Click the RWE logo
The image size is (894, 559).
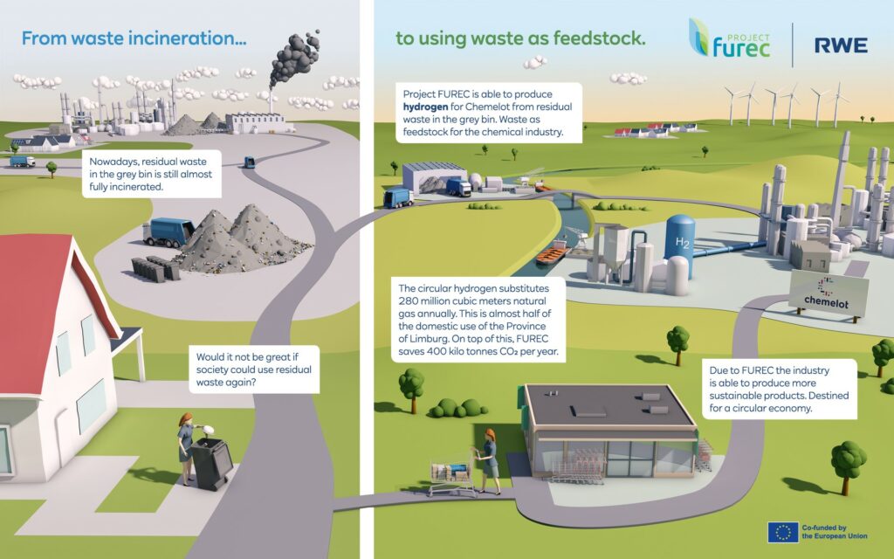coord(841,45)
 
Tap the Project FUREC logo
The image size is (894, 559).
coord(730,38)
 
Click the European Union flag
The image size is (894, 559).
coord(783,532)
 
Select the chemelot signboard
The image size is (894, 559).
coord(828,293)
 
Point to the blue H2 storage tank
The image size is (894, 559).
coord(680,245)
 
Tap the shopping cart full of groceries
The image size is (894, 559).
coord(451,473)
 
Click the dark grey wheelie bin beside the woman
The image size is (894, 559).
coord(211,463)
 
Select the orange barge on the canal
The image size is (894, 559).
coord(552,254)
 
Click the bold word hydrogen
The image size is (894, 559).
coord(425,107)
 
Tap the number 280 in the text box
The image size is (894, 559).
coord(409,301)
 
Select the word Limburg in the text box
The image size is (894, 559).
coord(428,339)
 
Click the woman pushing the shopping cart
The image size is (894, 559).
coord(489,461)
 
